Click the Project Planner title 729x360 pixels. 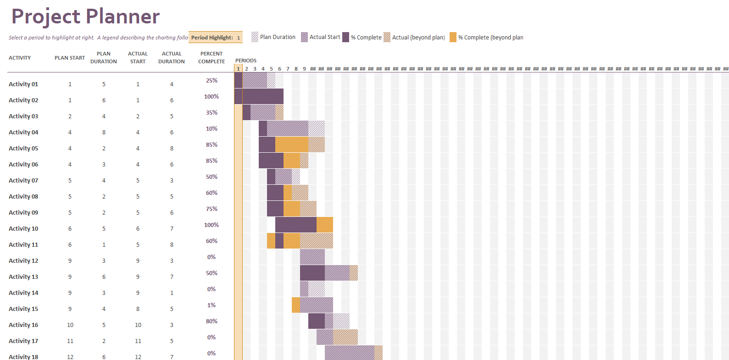[x=85, y=17]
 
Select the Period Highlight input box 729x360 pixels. [x=215, y=38]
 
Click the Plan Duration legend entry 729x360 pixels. [x=273, y=37]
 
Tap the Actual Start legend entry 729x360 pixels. [x=321, y=37]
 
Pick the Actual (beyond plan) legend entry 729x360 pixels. [x=414, y=38]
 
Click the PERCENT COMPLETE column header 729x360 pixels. [x=211, y=57]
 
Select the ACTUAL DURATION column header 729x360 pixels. [x=172, y=57]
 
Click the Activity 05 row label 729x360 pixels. [x=23, y=148]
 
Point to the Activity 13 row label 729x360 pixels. [x=23, y=277]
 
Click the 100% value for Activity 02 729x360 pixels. [x=211, y=96]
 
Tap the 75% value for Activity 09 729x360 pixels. [x=211, y=209]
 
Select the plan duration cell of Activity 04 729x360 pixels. [x=104, y=132]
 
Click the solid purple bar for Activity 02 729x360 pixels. [x=262, y=96]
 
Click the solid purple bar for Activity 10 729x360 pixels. [x=295, y=225]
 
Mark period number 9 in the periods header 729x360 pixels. [x=304, y=69]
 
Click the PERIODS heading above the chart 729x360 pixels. [x=246, y=61]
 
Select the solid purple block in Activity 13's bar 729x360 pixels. [x=312, y=273]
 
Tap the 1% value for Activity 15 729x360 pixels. [x=211, y=305]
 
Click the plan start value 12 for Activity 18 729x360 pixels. [x=70, y=356]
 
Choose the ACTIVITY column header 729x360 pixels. [x=20, y=58]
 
